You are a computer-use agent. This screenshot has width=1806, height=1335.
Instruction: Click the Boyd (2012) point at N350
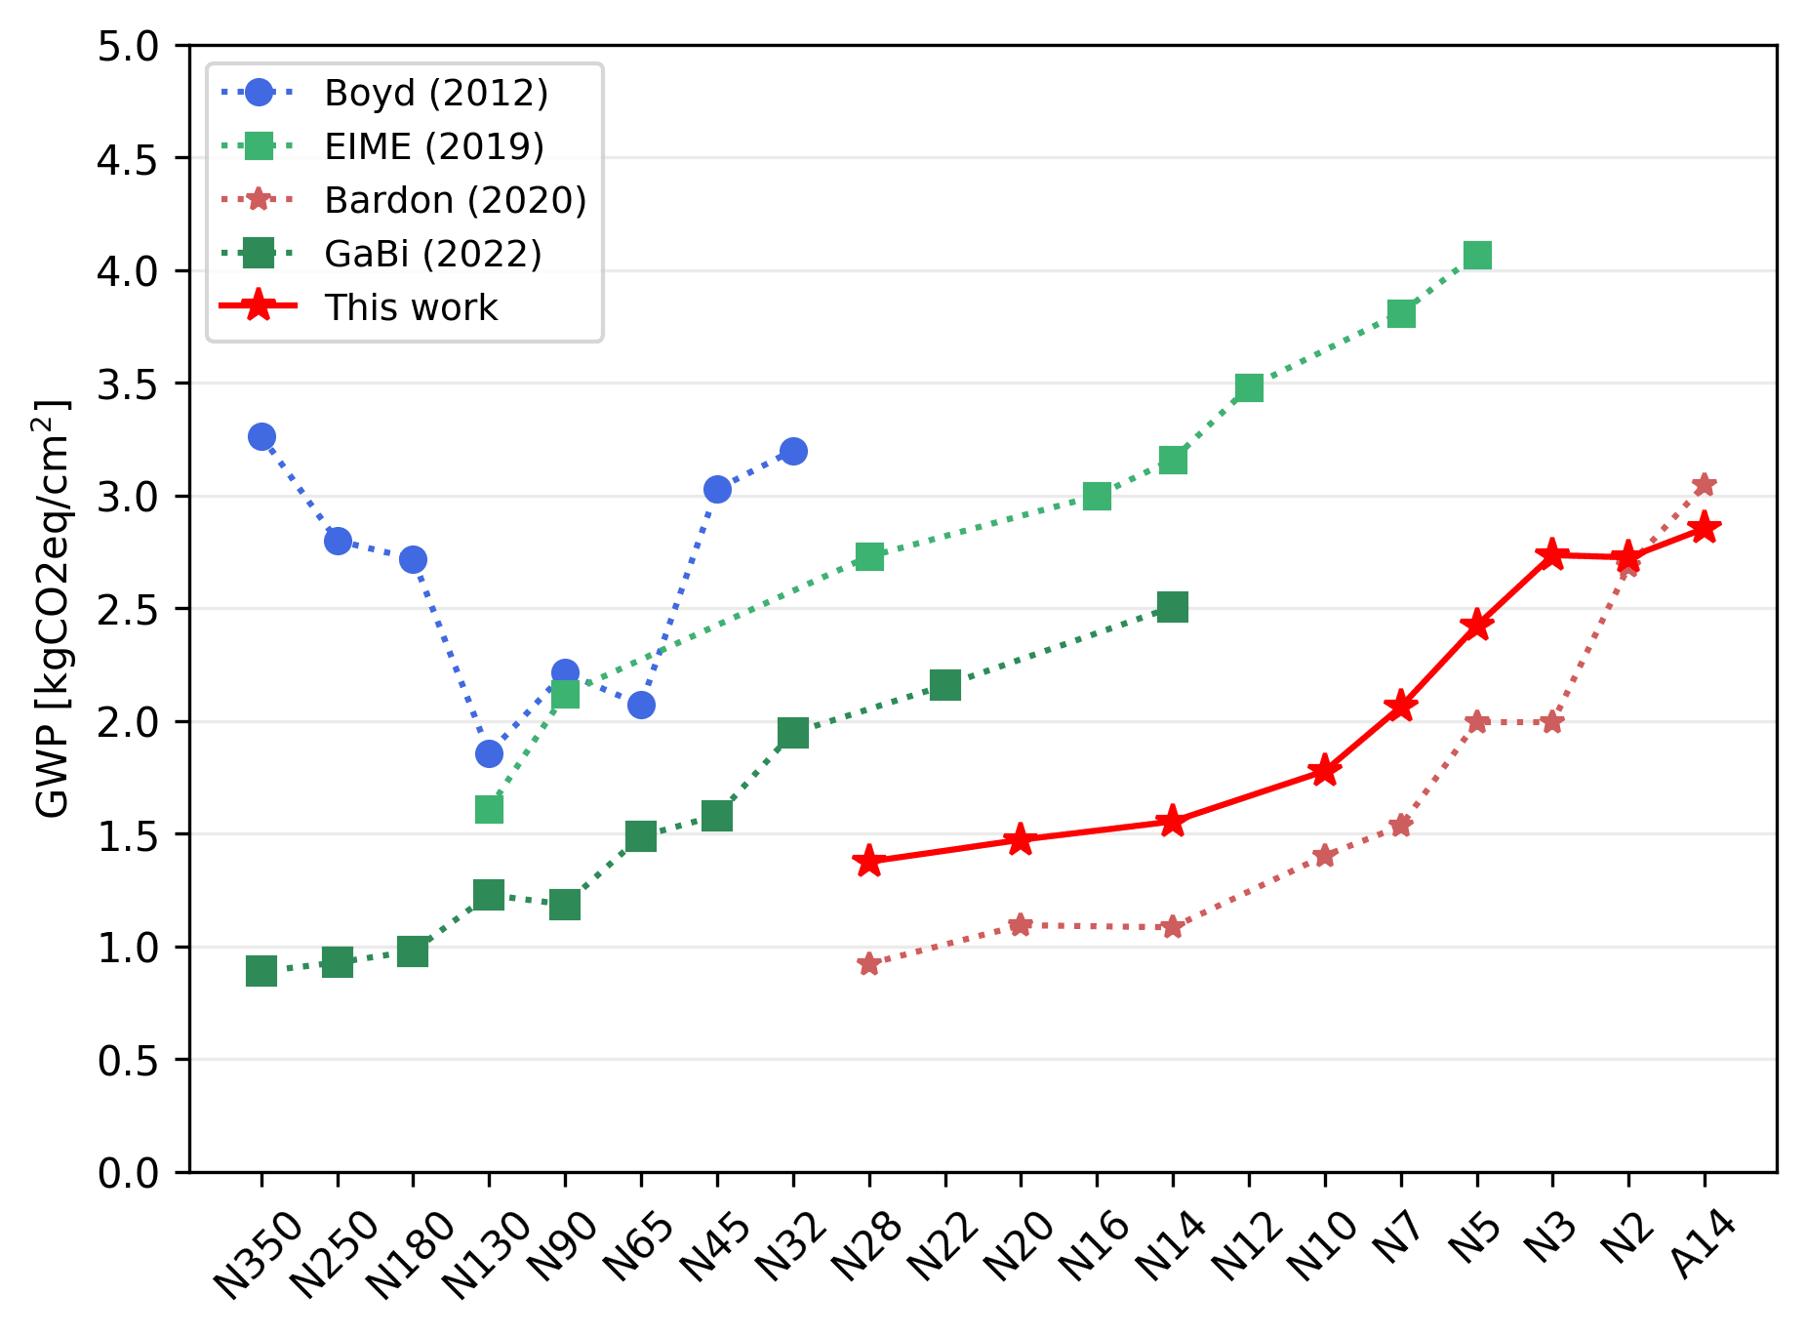point(261,436)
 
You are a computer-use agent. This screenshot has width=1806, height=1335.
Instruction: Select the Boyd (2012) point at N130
point(489,753)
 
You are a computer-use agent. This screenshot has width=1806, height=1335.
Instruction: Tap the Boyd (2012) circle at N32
point(793,451)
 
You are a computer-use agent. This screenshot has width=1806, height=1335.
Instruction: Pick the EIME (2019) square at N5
point(1477,256)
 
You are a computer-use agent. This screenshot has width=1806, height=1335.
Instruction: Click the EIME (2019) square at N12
point(1249,387)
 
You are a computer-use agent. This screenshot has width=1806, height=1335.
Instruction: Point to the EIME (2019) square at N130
point(489,809)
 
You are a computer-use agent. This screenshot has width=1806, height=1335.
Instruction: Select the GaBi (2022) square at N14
point(1173,607)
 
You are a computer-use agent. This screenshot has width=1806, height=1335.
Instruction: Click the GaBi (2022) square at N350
point(261,970)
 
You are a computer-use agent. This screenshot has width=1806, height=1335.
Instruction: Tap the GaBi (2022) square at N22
point(945,685)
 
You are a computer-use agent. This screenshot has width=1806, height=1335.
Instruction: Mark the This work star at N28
point(868,861)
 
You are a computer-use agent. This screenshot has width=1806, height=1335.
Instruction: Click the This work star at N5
point(1477,626)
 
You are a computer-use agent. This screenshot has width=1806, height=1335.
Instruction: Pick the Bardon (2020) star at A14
point(1705,484)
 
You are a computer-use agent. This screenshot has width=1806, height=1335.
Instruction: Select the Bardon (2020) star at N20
point(1021,924)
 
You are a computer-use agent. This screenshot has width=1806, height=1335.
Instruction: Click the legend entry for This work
point(411,307)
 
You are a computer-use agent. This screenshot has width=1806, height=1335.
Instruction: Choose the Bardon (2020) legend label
point(455,200)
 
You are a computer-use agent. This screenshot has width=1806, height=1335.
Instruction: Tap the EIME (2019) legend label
point(434,146)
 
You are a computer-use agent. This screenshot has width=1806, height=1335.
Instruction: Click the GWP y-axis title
point(53,608)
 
